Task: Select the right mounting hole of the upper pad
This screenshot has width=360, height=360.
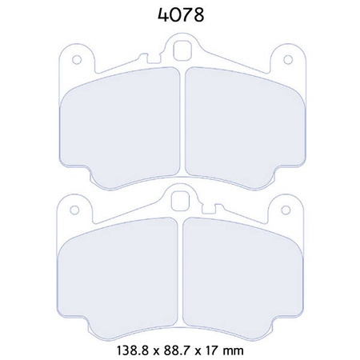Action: pyautogui.click(x=286, y=59)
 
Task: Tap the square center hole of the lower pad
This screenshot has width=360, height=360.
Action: pyautogui.click(x=181, y=200)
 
